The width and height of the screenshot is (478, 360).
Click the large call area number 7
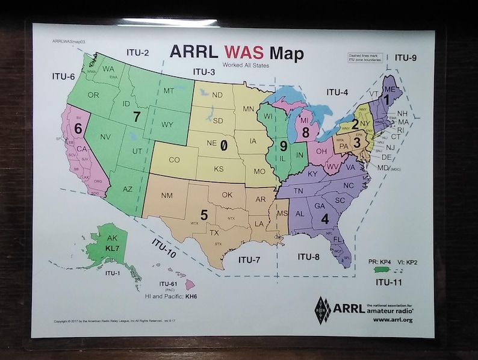pos(137,117)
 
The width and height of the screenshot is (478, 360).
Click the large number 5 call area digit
pos(204,214)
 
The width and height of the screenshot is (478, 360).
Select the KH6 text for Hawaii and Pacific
pos(191,297)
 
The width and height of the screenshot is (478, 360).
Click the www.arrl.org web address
pos(393,320)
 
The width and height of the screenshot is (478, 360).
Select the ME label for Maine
pos(390,89)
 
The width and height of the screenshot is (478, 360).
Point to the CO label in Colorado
pos(173,160)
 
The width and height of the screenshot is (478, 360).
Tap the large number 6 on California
pos(78,128)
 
